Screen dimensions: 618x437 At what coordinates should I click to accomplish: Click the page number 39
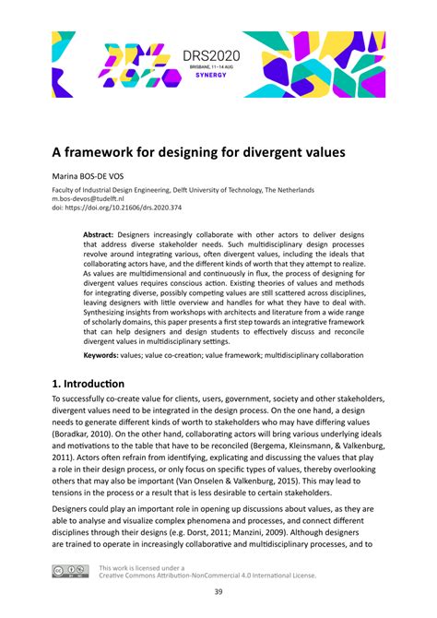pyautogui.click(x=218, y=592)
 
